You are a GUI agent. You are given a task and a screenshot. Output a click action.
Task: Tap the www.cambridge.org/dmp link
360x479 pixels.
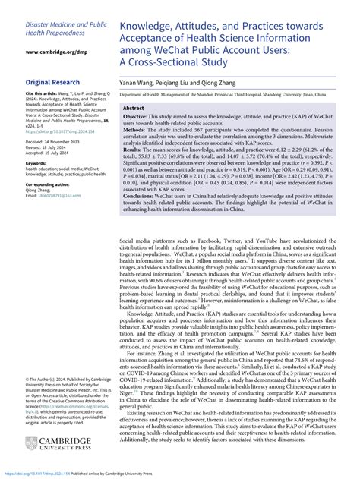55,52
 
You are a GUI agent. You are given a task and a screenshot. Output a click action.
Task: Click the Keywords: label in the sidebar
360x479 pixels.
38,162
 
